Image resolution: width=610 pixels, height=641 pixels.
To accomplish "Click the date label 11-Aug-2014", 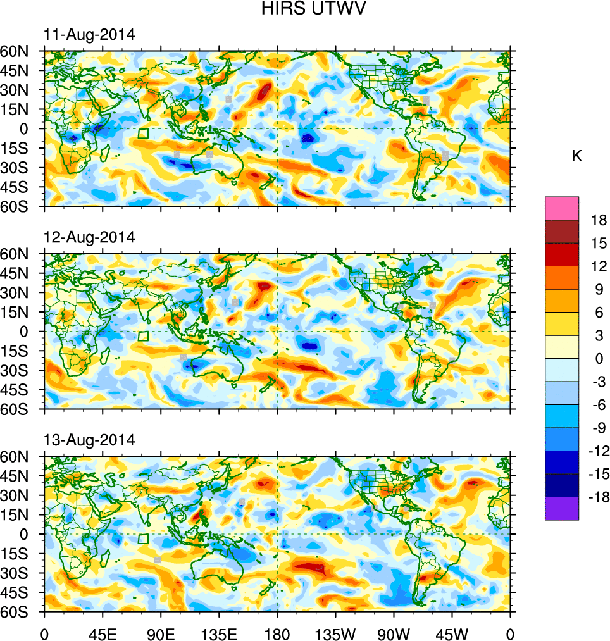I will coord(89,35).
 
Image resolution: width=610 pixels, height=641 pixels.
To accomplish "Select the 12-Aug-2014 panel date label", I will coord(89,238).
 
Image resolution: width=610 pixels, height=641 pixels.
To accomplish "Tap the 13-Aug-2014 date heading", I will coord(89,440).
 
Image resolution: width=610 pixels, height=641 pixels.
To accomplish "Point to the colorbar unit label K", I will coord(577,156).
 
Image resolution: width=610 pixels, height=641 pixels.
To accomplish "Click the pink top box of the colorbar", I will coord(562,208).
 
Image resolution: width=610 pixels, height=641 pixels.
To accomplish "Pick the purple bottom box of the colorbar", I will coord(562,508).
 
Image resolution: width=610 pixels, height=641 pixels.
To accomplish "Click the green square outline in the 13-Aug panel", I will coord(143,538).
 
